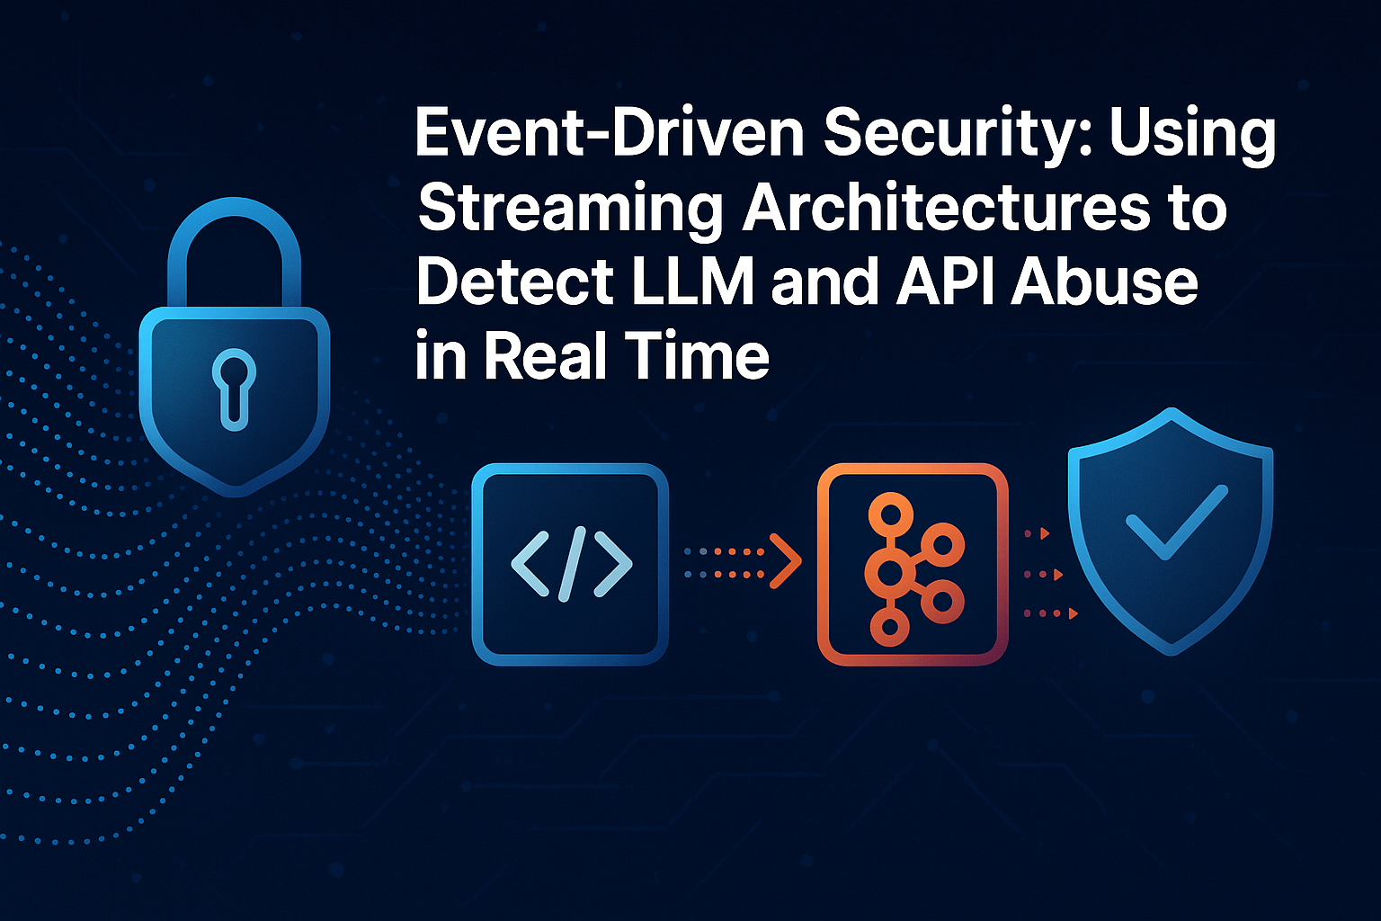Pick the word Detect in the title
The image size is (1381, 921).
click(x=515, y=282)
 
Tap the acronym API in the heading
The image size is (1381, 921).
click(x=945, y=282)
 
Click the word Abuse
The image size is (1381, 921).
click(x=1103, y=282)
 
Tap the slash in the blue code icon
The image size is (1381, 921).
click(x=572, y=564)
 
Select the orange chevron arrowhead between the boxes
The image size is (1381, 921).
click(x=786, y=560)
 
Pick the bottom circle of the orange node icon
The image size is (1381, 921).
click(x=889, y=627)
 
